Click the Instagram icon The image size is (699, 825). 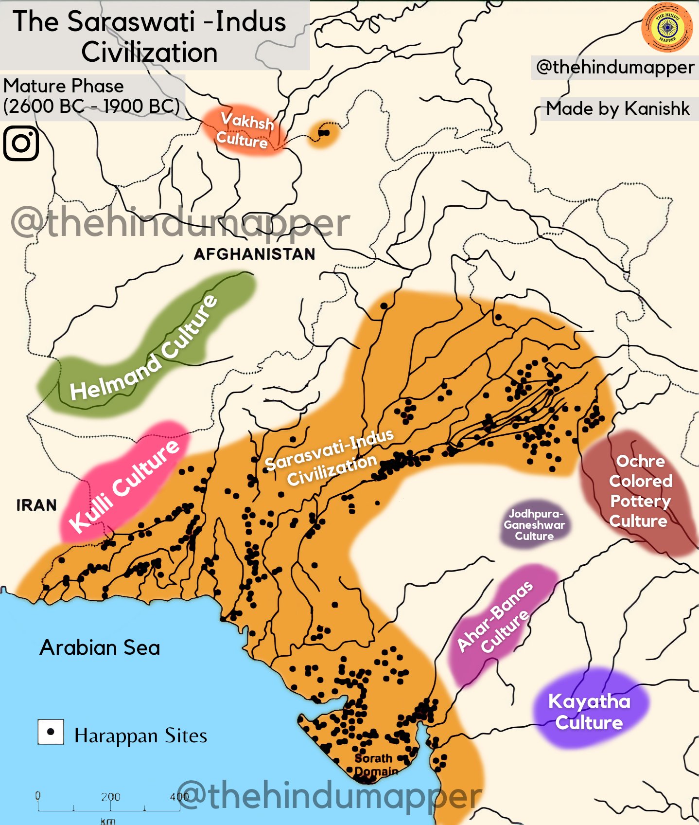pos(21,143)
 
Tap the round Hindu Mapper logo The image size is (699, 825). pos(667,27)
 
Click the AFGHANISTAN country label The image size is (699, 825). pos(254,254)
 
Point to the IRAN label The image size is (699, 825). pos(36,505)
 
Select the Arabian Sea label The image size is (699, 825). pos(100,647)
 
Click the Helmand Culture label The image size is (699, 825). pos(144,348)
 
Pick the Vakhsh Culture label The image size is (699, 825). pos(245,130)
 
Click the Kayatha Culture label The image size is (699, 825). pos(589,712)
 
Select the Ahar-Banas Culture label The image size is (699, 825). pos(495,617)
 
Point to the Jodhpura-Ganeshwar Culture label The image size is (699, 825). pos(534,525)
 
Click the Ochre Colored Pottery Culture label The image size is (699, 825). pos(640,491)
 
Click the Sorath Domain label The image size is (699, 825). pos(375,765)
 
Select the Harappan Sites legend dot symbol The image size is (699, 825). pos(51,732)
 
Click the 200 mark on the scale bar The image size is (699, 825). pos(110,797)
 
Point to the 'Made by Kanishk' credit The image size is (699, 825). pos(617,108)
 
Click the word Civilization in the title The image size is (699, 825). pos(149,53)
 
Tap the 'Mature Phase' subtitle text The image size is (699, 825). pos(64,86)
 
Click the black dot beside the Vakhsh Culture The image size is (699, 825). pos(324,132)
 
